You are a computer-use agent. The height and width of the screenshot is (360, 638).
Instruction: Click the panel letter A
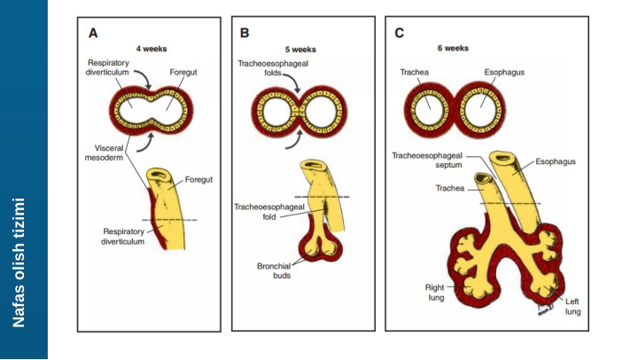click(93, 33)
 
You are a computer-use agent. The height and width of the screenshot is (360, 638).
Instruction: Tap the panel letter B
click(245, 33)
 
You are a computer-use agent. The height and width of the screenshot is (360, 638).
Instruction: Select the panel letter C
click(400, 33)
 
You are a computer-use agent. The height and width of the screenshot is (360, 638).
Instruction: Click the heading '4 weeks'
click(151, 49)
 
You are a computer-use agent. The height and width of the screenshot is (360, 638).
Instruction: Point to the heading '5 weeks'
click(300, 49)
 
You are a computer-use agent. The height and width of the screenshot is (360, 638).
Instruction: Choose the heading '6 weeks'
click(453, 48)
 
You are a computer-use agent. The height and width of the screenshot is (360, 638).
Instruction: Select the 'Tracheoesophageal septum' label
click(422, 160)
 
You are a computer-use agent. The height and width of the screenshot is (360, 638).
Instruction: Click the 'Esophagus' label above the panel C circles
click(504, 73)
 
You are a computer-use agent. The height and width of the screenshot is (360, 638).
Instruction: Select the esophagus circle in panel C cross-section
click(484, 112)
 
